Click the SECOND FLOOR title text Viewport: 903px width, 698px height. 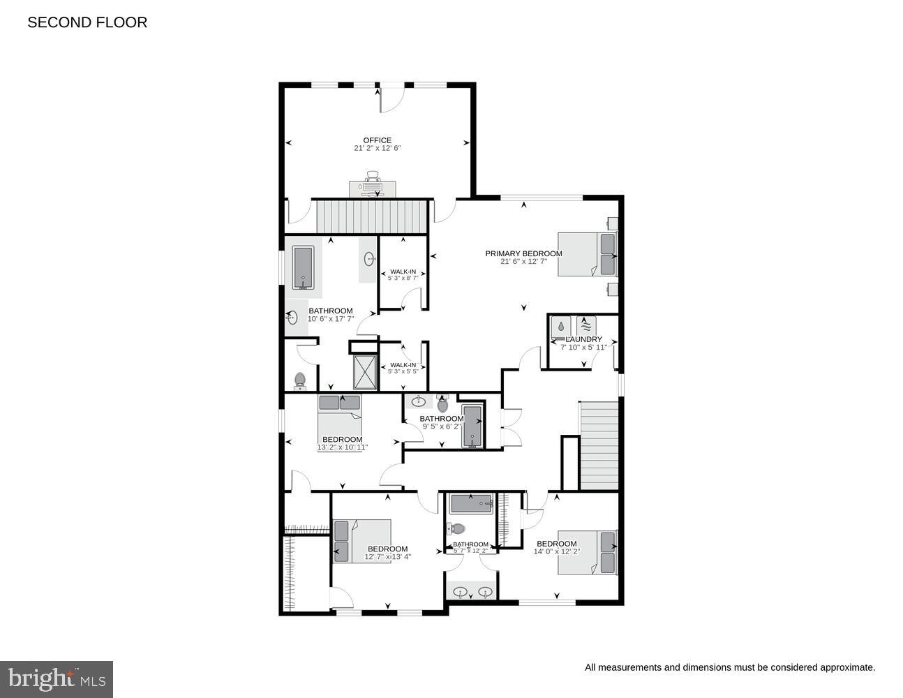[x=87, y=22]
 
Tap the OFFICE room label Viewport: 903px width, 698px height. [x=377, y=140]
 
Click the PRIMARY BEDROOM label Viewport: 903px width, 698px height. [x=523, y=253]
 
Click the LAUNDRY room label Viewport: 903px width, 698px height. [x=583, y=339]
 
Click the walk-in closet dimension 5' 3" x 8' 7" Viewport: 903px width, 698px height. [x=403, y=278]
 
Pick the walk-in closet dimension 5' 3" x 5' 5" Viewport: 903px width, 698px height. [x=403, y=371]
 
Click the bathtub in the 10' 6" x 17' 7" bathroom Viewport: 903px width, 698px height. [x=303, y=267]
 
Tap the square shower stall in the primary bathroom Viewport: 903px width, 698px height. [x=364, y=372]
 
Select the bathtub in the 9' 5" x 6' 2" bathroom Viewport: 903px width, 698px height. [x=472, y=426]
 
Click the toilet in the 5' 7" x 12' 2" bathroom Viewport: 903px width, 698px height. [x=457, y=528]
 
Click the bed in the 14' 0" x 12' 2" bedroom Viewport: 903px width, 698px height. [x=588, y=553]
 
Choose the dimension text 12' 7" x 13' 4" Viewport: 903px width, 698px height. [x=387, y=557]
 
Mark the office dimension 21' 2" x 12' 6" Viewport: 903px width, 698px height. [x=377, y=148]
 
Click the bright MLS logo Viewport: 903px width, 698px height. [x=57, y=679]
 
